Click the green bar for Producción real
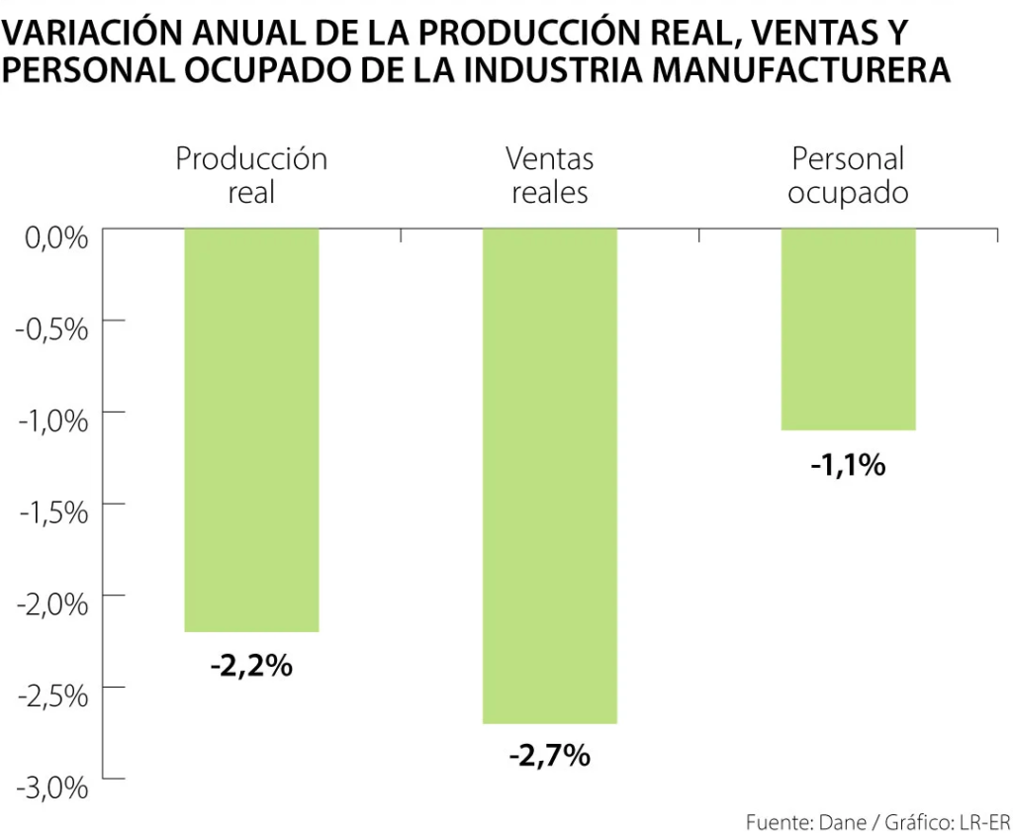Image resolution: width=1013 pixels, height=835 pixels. [x=252, y=429]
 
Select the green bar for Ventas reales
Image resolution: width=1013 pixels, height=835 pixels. [x=550, y=475]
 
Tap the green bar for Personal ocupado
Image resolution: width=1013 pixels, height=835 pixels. [x=849, y=328]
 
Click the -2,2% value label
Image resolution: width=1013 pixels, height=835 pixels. [x=251, y=666]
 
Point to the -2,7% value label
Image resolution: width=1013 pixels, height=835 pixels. [x=549, y=757]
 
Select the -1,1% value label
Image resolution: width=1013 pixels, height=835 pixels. [x=848, y=464]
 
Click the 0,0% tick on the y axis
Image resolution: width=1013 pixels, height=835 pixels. [x=53, y=238]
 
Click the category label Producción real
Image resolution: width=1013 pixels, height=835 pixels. [x=251, y=175]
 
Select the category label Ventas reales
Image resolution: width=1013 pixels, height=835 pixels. [x=549, y=175]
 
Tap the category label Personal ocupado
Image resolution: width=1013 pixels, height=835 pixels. [x=848, y=175]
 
